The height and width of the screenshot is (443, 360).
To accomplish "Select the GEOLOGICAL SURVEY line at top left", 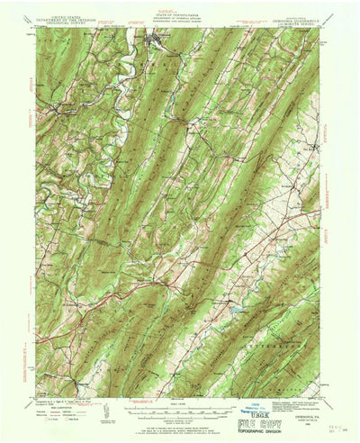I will click(59, 17).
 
